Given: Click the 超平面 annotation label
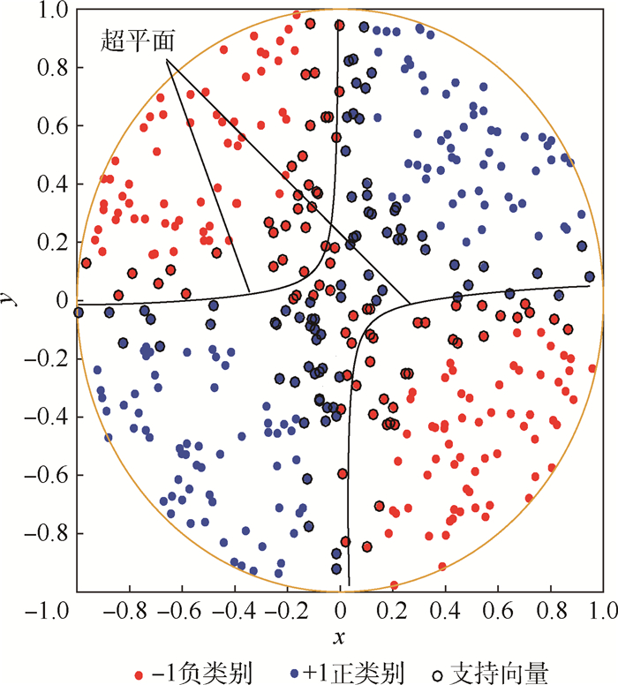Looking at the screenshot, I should (135, 39).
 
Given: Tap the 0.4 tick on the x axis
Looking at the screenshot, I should (446, 610).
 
